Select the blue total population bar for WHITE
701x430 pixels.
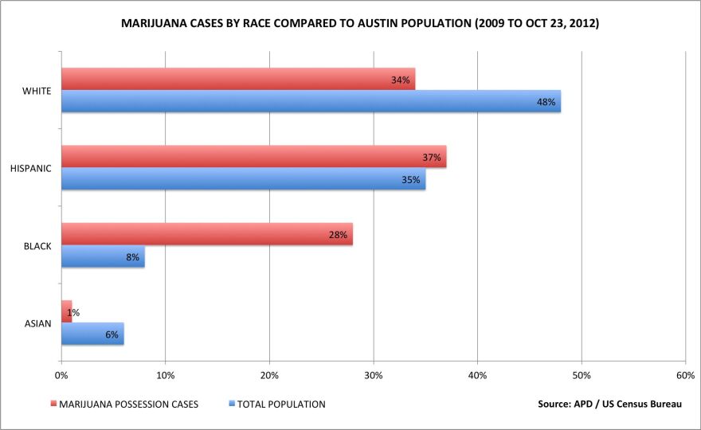click(x=311, y=101)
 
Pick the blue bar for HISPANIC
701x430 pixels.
click(x=243, y=179)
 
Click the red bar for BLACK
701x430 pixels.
click(x=207, y=234)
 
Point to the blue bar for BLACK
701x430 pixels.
click(x=103, y=256)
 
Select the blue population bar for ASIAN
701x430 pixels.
click(x=92, y=334)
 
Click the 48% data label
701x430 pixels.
click(x=546, y=102)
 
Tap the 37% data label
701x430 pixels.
click(x=432, y=158)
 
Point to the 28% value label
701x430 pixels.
click(x=339, y=235)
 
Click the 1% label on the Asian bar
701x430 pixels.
click(x=72, y=312)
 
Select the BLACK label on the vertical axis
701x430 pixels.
click(x=37, y=246)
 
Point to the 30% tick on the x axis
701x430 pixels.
click(x=373, y=375)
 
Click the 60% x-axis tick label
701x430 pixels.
click(x=685, y=375)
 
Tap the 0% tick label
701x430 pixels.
click(x=61, y=375)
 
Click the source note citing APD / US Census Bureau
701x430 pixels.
click(x=609, y=404)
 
